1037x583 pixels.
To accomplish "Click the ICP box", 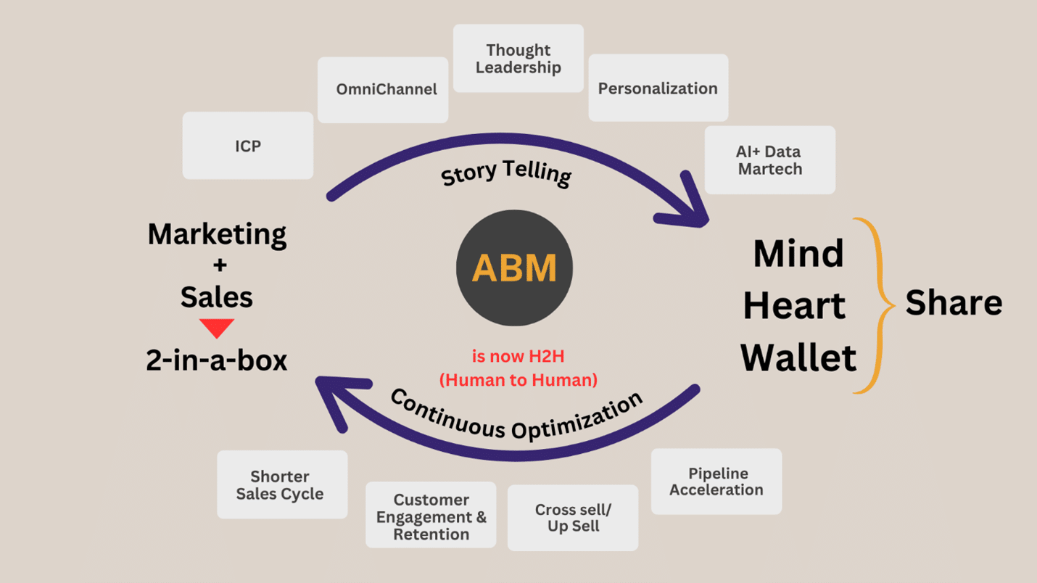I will coord(248,146).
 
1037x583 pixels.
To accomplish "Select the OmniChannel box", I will coord(383,90).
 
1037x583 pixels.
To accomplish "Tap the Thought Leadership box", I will coord(518,59).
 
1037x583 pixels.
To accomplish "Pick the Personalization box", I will coord(658,88).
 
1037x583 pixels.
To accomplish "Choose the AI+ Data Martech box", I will coord(769,160).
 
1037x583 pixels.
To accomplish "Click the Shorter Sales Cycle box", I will coord(281,485).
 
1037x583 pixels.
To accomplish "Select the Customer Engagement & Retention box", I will coord(431,516).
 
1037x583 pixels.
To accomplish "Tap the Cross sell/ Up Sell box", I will coord(573,518).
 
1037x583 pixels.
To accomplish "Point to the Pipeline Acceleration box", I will coord(716,481).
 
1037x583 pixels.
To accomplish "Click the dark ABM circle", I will coord(514,268).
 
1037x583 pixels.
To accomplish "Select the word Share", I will coord(954,302).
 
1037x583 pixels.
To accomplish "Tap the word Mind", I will coord(798,254).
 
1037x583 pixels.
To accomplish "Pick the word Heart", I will coord(794,305).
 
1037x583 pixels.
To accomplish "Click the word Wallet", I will coord(798,357).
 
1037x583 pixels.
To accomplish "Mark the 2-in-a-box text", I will coord(217,360).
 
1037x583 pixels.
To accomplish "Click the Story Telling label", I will coord(506,173).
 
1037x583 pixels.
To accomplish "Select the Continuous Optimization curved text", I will coord(516,415).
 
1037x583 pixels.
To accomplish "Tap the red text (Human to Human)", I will coord(518,380).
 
